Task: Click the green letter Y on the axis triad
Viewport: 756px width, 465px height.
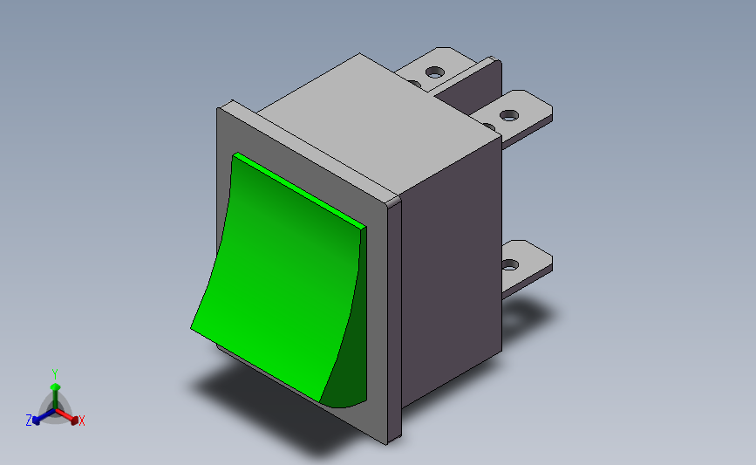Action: click(x=55, y=373)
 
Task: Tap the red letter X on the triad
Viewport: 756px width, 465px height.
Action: click(x=82, y=421)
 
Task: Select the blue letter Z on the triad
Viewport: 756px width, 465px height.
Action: click(x=29, y=421)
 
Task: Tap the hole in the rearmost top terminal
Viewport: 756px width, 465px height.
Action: click(x=433, y=72)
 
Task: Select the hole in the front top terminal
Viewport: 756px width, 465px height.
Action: click(x=507, y=113)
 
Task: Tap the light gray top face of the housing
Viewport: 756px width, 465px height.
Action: click(x=366, y=122)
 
